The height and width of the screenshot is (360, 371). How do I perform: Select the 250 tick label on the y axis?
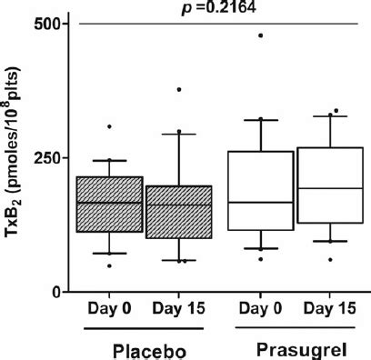point(45,158)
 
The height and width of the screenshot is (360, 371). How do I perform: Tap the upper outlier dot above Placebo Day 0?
point(109,126)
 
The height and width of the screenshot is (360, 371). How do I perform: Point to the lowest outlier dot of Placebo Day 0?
point(109,265)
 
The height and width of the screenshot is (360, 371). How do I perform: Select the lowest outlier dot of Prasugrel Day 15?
point(305,259)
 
